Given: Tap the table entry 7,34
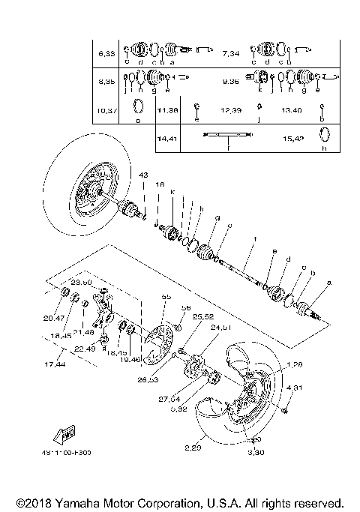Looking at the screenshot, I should pyautogui.click(x=231, y=54).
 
